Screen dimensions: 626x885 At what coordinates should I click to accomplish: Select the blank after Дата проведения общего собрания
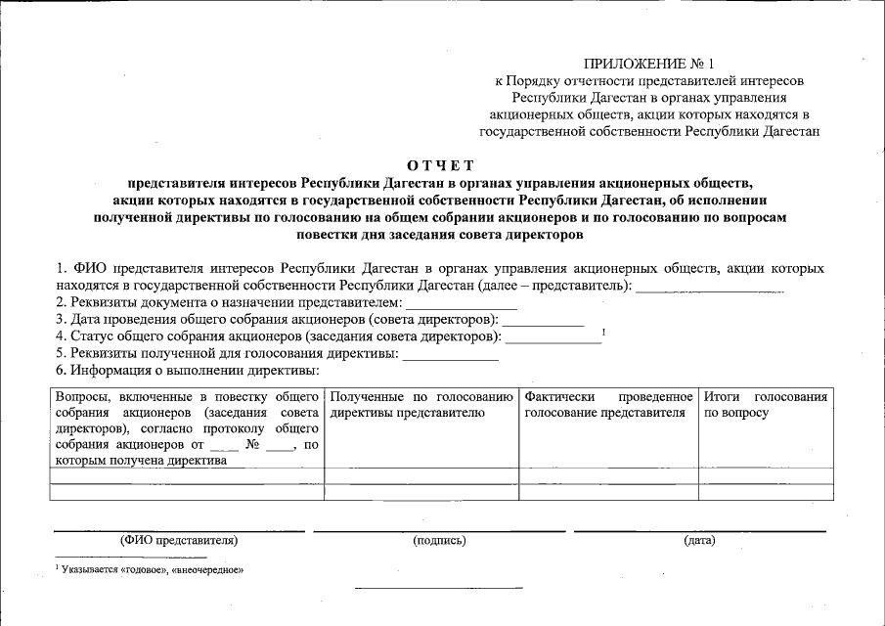(x=543, y=322)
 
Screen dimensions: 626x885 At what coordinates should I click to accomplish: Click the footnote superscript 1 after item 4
(x=604, y=333)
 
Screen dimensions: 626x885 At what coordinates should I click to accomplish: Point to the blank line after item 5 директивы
(x=451, y=356)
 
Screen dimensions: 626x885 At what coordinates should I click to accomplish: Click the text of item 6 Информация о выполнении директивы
(x=188, y=371)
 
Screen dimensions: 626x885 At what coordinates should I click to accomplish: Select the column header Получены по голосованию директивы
(x=421, y=405)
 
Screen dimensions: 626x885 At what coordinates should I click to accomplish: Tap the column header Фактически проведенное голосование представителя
(x=608, y=405)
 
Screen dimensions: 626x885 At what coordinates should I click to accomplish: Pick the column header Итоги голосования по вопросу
(x=766, y=405)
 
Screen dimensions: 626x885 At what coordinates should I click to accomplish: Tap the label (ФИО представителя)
(x=179, y=540)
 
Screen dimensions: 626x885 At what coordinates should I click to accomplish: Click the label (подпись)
(x=439, y=540)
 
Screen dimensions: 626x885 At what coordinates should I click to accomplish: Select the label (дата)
(x=700, y=540)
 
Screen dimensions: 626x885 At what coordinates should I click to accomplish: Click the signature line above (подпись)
(x=439, y=531)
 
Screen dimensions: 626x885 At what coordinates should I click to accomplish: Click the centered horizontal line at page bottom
(x=438, y=589)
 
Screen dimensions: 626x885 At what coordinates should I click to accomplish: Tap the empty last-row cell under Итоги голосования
(x=767, y=492)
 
